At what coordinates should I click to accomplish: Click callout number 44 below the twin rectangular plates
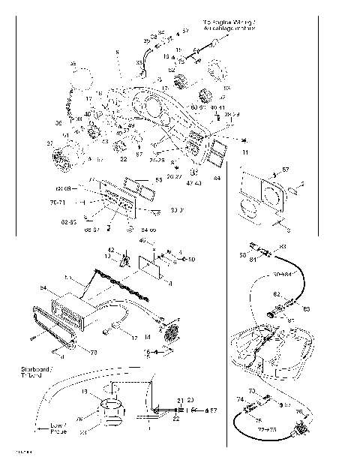(x=217, y=179)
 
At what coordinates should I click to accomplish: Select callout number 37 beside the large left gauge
(x=50, y=143)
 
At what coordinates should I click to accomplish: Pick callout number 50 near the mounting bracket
(x=192, y=260)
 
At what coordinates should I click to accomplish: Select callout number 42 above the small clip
(x=111, y=249)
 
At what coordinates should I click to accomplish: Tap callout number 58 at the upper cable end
(x=241, y=255)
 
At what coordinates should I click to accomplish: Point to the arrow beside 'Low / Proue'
(x=40, y=429)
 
